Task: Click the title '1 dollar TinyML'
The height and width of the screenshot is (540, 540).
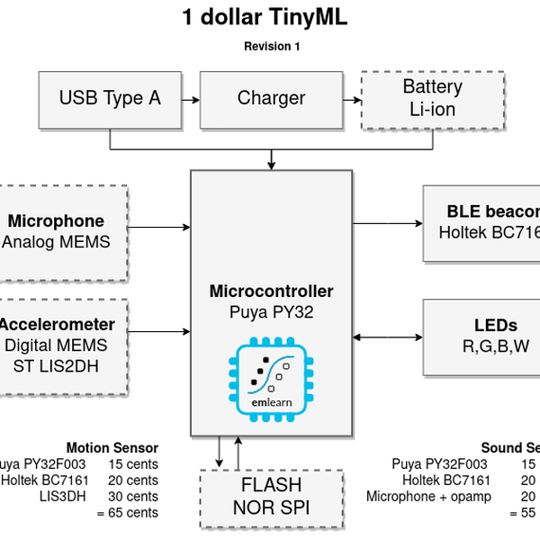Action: [264, 17]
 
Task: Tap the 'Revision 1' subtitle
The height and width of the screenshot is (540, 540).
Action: [272, 47]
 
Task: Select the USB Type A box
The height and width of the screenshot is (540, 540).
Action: [110, 99]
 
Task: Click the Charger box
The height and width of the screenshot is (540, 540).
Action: [271, 99]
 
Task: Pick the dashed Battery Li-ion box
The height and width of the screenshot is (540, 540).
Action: [432, 99]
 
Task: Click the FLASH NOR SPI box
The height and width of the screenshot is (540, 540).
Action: [271, 498]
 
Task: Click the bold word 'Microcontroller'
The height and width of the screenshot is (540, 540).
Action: [271, 292]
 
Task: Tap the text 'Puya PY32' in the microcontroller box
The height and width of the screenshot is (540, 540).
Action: [271, 312]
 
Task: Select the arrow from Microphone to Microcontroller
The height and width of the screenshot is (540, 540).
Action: [158, 227]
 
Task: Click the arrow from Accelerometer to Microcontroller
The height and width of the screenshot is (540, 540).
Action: [158, 329]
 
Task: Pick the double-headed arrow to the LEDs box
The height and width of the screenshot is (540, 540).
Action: [387, 337]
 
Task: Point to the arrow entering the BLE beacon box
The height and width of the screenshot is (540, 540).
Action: [387, 222]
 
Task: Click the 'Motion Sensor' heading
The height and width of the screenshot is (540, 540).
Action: [112, 448]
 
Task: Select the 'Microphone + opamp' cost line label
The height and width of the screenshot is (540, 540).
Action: [428, 497]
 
